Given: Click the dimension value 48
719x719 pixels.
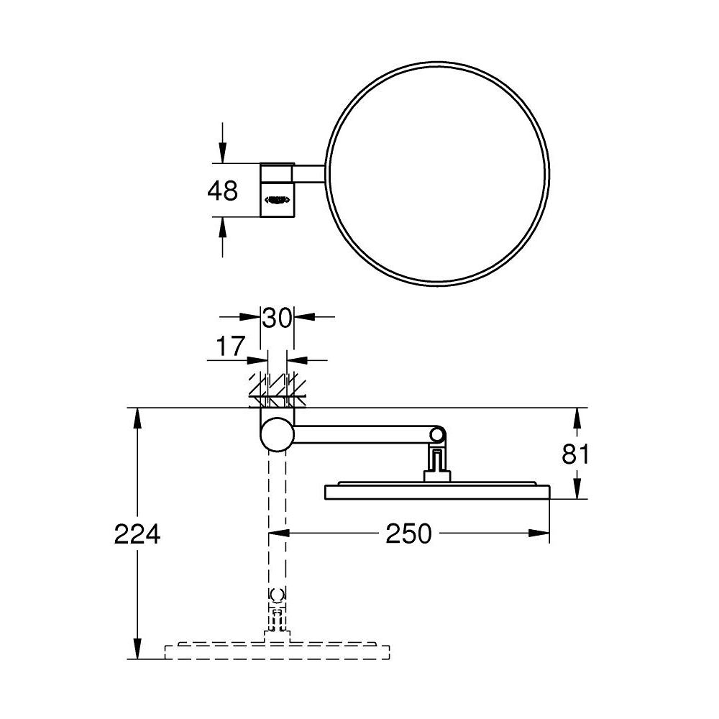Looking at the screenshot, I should tap(222, 191).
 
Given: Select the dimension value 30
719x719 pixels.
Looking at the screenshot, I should tap(277, 317).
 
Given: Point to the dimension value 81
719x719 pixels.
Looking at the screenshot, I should tap(576, 454).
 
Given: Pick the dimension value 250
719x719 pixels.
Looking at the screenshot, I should tap(408, 533).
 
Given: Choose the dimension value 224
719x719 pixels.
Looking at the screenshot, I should tap(137, 533).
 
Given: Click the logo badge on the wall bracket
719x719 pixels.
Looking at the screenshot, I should tap(277, 198).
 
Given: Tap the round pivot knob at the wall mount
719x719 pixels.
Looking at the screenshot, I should tap(277, 434).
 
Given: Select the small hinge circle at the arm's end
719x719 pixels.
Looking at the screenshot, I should tap(437, 434).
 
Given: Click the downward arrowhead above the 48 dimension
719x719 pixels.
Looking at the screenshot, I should tap(222, 153).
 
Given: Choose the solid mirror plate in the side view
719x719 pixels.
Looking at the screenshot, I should tap(437, 491).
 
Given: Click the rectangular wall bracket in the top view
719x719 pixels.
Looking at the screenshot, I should tap(277, 188).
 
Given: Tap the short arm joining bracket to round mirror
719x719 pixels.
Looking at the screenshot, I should tap(309, 173).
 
